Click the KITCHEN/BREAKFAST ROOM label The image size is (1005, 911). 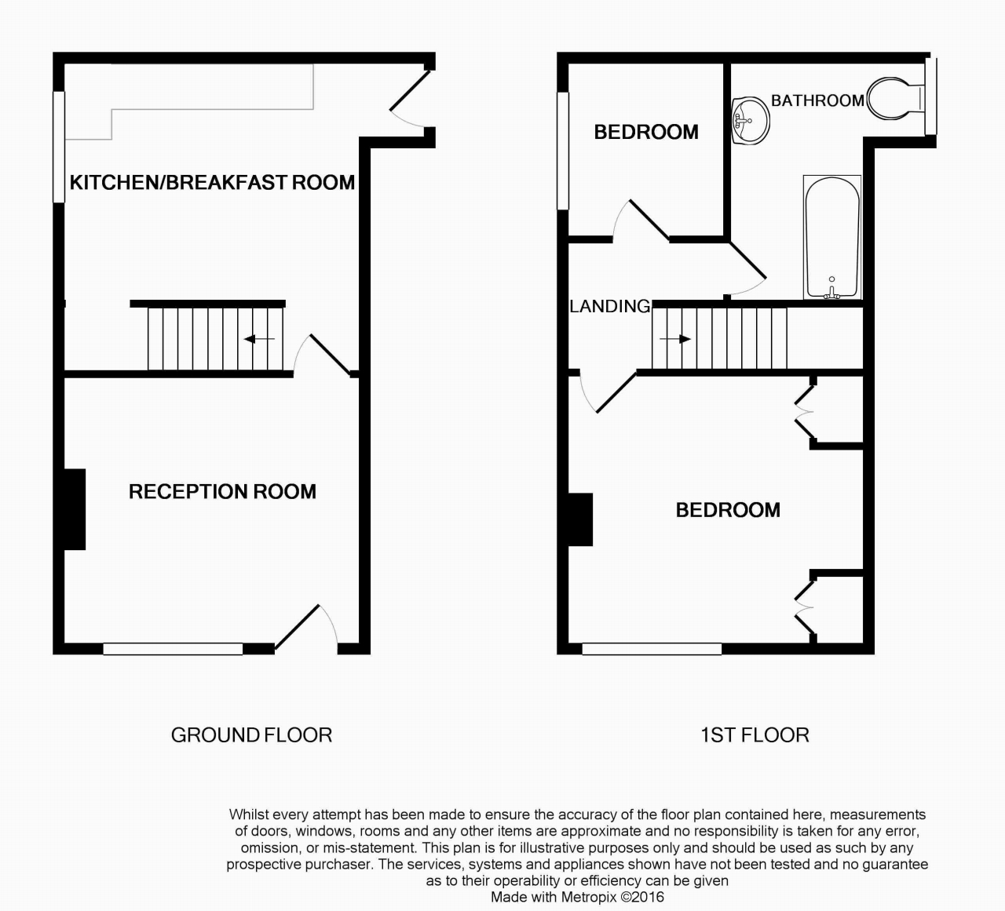(212, 182)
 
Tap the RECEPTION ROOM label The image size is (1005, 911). (222, 491)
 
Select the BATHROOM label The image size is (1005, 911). (817, 100)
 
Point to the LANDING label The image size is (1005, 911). (610, 306)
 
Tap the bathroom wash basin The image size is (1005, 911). (751, 121)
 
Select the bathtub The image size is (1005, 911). (832, 238)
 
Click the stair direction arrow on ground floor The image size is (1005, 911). (259, 339)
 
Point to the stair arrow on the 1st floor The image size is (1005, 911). (675, 339)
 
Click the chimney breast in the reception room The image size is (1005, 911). (75, 509)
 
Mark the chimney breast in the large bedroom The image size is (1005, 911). (581, 519)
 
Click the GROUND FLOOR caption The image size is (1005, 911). (251, 735)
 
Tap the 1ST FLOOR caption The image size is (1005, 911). (755, 735)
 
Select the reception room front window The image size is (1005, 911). (173, 649)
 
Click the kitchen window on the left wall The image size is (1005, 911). (59, 147)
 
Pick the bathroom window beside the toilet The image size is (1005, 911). (931, 97)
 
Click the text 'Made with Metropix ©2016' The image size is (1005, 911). (577, 897)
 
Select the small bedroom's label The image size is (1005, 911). (646, 133)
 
